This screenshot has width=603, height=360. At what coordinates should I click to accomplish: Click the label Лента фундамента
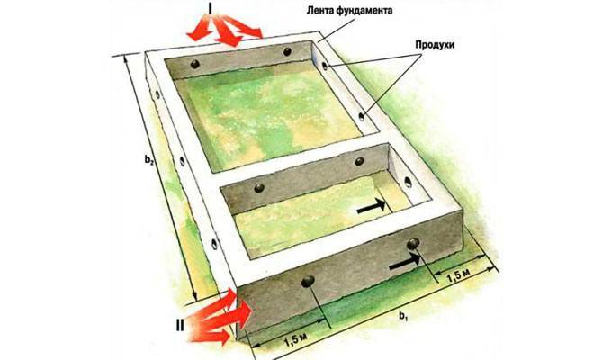[349, 11]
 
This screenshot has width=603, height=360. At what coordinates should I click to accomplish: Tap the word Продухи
[435, 45]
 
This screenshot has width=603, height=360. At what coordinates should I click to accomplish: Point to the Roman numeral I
[210, 8]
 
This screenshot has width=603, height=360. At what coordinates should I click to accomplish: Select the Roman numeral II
[180, 326]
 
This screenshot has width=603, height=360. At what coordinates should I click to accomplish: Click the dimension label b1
[402, 316]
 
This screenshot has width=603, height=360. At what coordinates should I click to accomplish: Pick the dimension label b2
[149, 159]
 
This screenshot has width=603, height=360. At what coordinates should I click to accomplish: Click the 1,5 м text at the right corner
[458, 275]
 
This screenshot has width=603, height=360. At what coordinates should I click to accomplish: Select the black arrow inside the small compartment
[371, 206]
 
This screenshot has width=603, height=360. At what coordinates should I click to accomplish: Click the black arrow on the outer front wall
[405, 261]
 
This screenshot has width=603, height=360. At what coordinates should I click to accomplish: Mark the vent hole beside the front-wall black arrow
[413, 243]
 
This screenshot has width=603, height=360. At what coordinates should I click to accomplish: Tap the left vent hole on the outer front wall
[308, 282]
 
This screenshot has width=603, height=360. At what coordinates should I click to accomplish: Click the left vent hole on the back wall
[195, 64]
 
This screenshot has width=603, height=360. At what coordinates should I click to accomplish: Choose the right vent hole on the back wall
[287, 51]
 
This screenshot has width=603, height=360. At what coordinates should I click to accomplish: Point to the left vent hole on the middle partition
[259, 188]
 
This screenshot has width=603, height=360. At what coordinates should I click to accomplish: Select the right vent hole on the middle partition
[359, 161]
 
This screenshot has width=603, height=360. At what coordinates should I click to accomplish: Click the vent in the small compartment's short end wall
[408, 183]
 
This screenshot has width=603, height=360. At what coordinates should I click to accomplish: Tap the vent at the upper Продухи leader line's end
[325, 66]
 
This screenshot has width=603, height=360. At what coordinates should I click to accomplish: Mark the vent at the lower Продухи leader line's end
[361, 116]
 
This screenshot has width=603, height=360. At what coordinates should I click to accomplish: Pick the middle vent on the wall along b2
[183, 161]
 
